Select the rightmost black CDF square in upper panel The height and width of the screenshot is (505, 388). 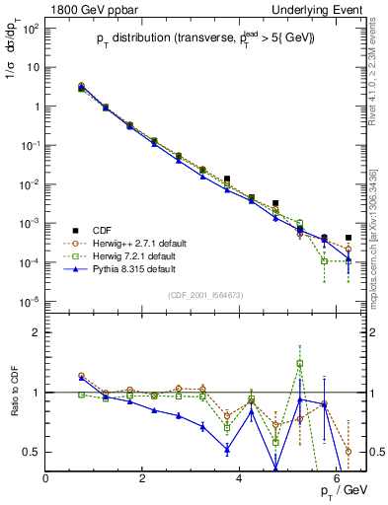tap(349, 238)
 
